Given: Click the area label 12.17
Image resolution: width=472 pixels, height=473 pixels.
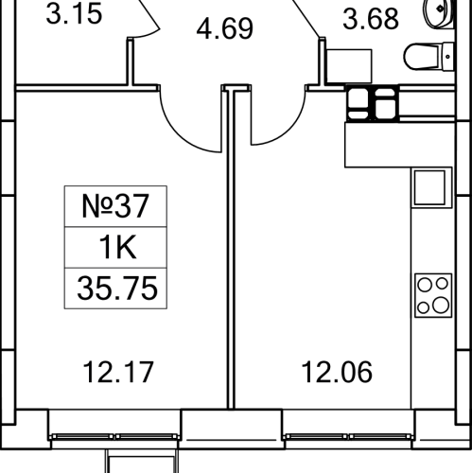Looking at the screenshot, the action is [x=118, y=373].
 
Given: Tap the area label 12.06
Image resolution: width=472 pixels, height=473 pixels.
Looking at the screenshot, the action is [x=337, y=373].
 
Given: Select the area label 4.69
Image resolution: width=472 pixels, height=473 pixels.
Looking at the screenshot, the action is [x=224, y=28].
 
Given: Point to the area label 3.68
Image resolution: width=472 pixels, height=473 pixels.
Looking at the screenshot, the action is [x=371, y=19].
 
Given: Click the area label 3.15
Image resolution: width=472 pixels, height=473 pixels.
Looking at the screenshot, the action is [x=75, y=14].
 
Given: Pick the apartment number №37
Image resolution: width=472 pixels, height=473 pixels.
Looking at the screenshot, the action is [x=115, y=206].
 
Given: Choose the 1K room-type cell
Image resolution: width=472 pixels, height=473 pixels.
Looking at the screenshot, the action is [x=117, y=247].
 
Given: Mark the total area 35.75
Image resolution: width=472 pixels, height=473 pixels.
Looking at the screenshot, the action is [x=117, y=289].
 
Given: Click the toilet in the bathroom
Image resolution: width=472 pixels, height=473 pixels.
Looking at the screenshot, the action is [x=428, y=57].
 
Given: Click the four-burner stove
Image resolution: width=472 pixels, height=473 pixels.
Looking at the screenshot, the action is [x=433, y=295].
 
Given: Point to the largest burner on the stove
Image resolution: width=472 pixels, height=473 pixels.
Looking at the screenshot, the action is [x=441, y=305].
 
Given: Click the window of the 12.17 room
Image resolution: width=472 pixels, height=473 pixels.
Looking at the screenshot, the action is [x=114, y=437].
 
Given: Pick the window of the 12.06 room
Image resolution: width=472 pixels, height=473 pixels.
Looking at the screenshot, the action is [x=348, y=437].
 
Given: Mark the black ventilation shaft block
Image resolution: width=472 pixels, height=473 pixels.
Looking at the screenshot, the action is [x=373, y=103].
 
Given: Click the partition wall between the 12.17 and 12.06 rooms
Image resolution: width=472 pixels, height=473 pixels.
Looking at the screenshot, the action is [x=231, y=249].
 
